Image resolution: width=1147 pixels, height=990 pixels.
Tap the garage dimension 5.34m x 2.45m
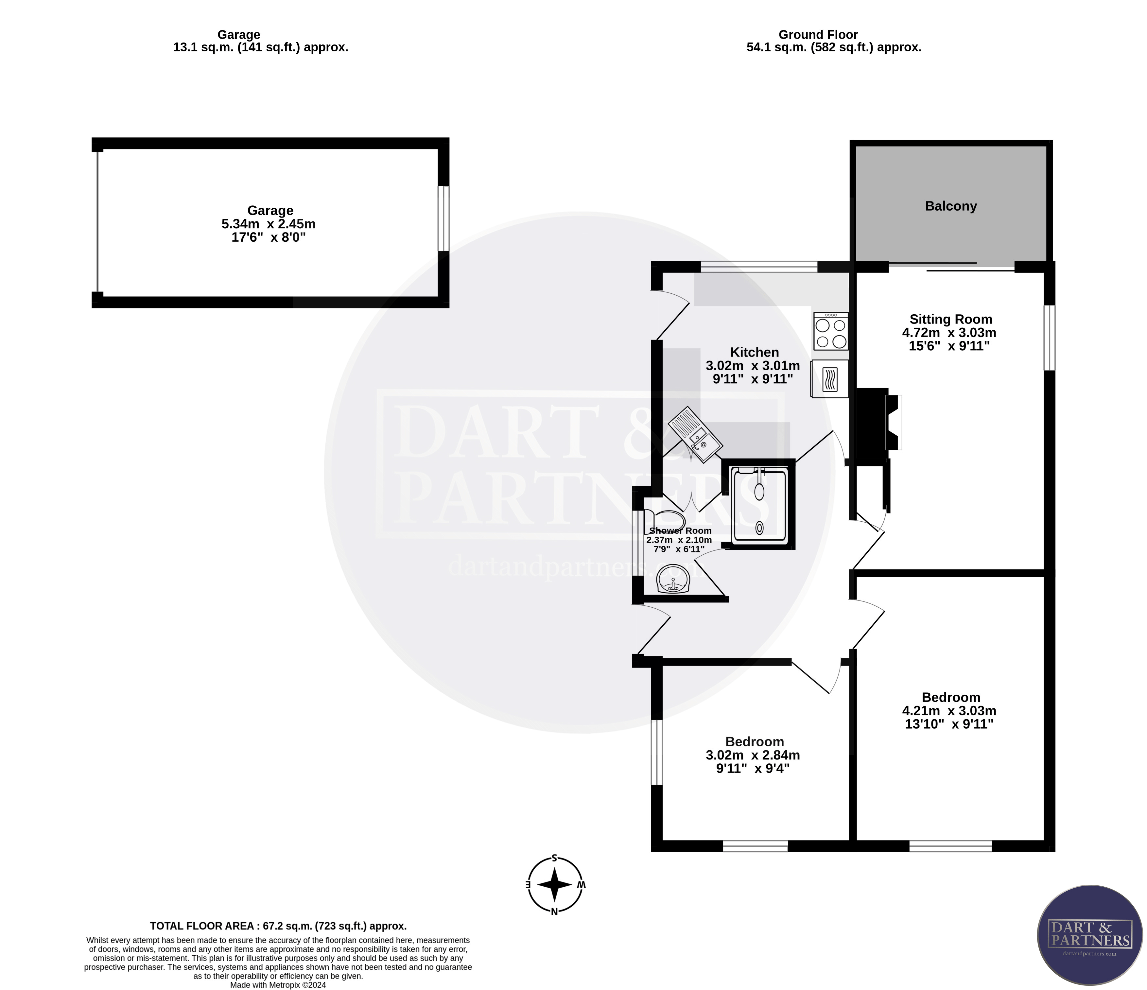[x=269, y=225]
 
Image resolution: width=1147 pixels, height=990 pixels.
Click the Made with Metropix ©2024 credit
[x=278, y=985]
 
